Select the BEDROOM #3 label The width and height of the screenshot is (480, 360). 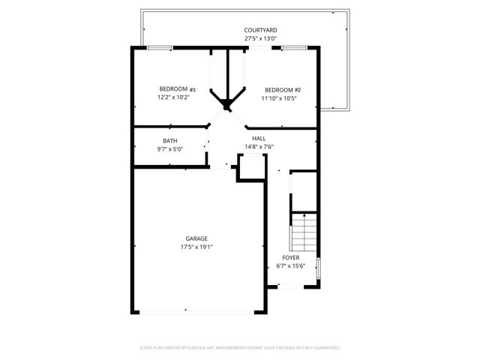click(x=172, y=89)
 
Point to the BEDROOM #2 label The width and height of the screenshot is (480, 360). click(x=277, y=89)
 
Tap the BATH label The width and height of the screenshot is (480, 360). click(x=170, y=141)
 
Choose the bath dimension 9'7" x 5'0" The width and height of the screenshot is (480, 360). click(x=170, y=149)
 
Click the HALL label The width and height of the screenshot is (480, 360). click(x=259, y=139)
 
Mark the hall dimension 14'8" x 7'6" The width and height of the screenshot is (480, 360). click(x=259, y=147)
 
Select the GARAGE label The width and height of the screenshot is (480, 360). click(x=197, y=238)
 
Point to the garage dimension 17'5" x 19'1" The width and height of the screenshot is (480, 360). click(x=197, y=247)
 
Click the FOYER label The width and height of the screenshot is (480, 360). click(x=291, y=257)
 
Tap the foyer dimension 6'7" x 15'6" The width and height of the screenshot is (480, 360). click(x=291, y=265)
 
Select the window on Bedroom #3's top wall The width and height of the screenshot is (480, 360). click(x=160, y=49)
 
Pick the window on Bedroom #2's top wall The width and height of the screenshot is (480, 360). click(x=293, y=49)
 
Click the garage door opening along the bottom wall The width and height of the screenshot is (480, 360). click(x=199, y=311)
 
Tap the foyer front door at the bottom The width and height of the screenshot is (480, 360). click(x=290, y=286)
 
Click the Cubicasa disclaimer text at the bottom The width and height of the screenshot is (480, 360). click(x=240, y=348)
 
